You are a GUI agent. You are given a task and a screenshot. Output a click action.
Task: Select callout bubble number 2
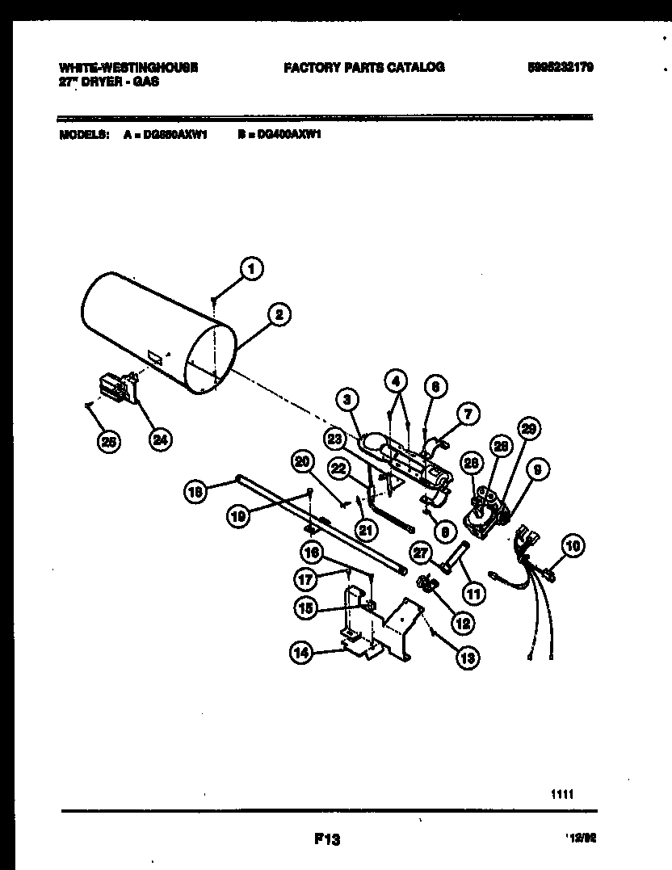[x=278, y=317]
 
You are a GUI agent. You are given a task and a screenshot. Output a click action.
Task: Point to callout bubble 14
[x=301, y=654]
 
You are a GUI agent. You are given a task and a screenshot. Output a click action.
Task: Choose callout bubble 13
[x=467, y=658]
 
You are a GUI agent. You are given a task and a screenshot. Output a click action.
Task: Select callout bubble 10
[x=573, y=547]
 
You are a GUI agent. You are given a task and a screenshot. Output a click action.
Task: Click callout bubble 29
[x=530, y=429]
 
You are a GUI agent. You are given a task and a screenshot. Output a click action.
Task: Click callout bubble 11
[x=472, y=594]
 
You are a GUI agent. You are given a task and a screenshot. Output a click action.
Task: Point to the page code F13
[x=326, y=841]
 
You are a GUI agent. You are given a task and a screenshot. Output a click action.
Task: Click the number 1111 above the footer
[x=562, y=795]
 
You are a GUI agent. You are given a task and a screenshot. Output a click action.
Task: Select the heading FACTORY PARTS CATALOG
[x=363, y=68]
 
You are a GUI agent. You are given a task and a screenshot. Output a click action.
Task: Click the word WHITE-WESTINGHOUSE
[x=128, y=68]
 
